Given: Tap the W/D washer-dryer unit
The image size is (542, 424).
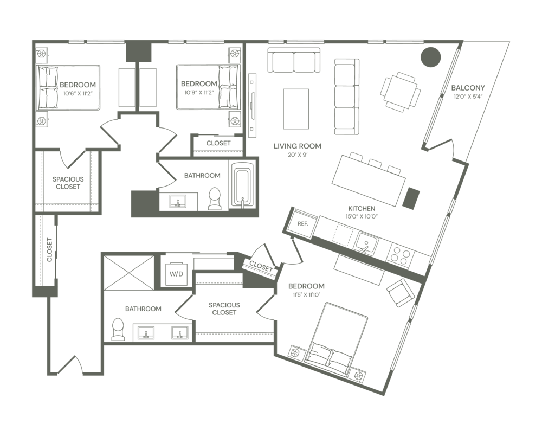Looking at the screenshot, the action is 176,274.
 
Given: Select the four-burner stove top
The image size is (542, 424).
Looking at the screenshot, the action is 402,255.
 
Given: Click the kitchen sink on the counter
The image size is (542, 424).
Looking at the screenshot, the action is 366,242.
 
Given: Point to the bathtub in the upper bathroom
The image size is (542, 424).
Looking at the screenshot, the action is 243,186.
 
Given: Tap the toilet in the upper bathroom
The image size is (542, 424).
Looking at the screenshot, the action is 215,198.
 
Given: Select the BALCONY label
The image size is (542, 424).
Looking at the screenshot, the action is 468,88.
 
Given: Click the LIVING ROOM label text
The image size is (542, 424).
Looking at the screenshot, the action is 297,146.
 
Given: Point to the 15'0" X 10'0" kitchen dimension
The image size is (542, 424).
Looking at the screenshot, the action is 362,216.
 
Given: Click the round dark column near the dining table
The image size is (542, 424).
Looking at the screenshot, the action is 431,56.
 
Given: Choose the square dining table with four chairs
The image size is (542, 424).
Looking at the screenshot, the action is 401,92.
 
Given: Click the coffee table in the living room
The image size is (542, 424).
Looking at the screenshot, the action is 296,108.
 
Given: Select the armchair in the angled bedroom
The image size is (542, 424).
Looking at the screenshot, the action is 401,293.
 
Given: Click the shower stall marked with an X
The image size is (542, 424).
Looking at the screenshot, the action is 129,273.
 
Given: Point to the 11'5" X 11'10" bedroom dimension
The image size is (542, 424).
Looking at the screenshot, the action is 306,294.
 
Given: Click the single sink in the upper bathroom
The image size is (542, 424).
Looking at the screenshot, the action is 178,201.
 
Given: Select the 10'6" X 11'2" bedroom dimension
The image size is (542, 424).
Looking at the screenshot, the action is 78,93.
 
